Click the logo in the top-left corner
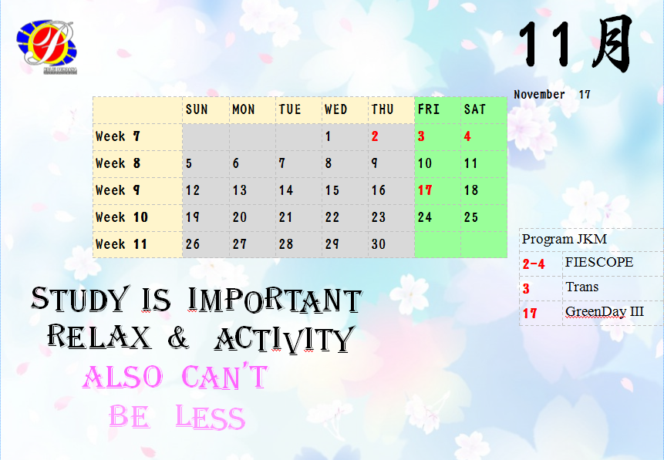click(x=46, y=46)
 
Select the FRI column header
click(x=429, y=109)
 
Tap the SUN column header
click(x=197, y=109)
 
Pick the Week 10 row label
click(x=122, y=217)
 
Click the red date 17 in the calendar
click(x=425, y=190)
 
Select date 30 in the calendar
click(x=379, y=243)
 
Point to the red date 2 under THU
click(x=375, y=136)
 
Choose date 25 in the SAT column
click(x=471, y=217)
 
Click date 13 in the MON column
click(x=240, y=190)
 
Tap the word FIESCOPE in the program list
click(x=599, y=262)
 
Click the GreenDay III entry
click(x=605, y=312)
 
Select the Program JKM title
click(x=565, y=239)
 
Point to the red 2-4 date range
click(x=534, y=264)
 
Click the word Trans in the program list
click(x=581, y=287)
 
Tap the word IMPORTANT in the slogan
click(x=275, y=300)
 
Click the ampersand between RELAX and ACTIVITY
click(x=178, y=337)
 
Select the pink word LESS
click(x=211, y=416)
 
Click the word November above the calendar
click(x=540, y=94)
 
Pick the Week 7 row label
click(x=118, y=136)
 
